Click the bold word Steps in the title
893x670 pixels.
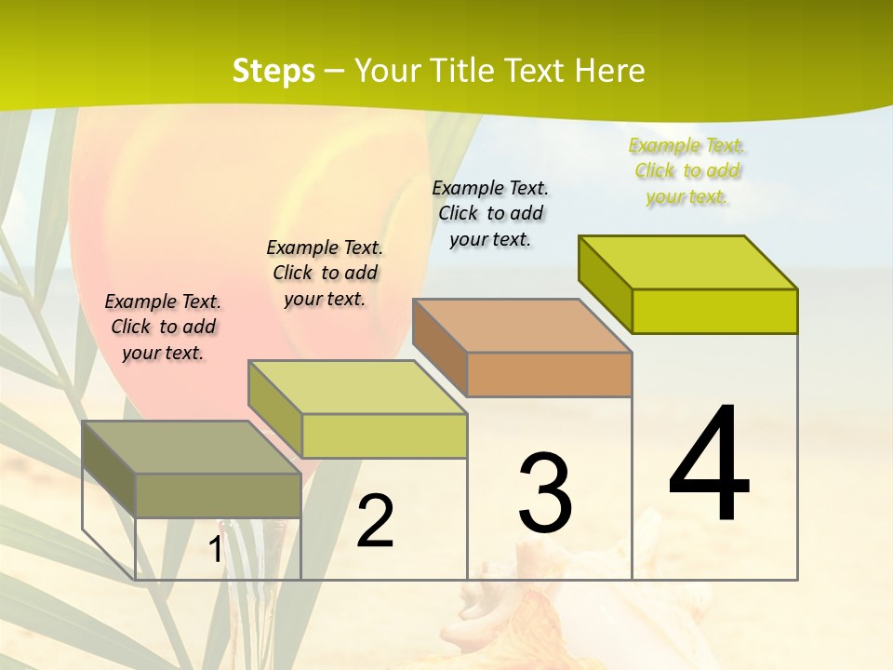(273, 71)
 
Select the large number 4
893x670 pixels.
(709, 464)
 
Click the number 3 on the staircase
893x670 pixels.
(545, 493)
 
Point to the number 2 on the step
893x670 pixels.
(375, 521)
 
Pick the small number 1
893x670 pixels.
(215, 550)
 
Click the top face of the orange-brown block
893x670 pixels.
(521, 326)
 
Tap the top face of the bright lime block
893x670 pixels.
(687, 261)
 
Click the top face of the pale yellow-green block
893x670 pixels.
(356, 387)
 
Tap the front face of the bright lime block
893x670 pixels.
(714, 311)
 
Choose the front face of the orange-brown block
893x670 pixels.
(549, 374)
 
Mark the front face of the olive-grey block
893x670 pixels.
(218, 495)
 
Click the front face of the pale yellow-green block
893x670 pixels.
(383, 435)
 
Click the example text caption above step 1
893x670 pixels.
(163, 327)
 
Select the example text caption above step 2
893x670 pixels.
(325, 273)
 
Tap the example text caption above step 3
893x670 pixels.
(490, 213)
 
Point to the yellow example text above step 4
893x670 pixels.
(686, 170)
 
